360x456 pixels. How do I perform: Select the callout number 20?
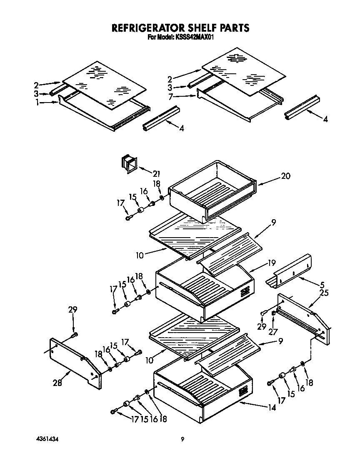[x=285, y=176]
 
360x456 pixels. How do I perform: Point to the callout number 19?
[x=272, y=263]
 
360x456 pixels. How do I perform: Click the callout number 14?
[x=272, y=408]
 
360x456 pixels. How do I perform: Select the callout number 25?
[x=324, y=293]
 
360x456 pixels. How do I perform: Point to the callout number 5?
[x=322, y=285]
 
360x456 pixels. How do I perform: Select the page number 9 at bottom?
[x=182, y=439]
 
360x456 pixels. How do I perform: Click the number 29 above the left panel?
[x=72, y=310]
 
